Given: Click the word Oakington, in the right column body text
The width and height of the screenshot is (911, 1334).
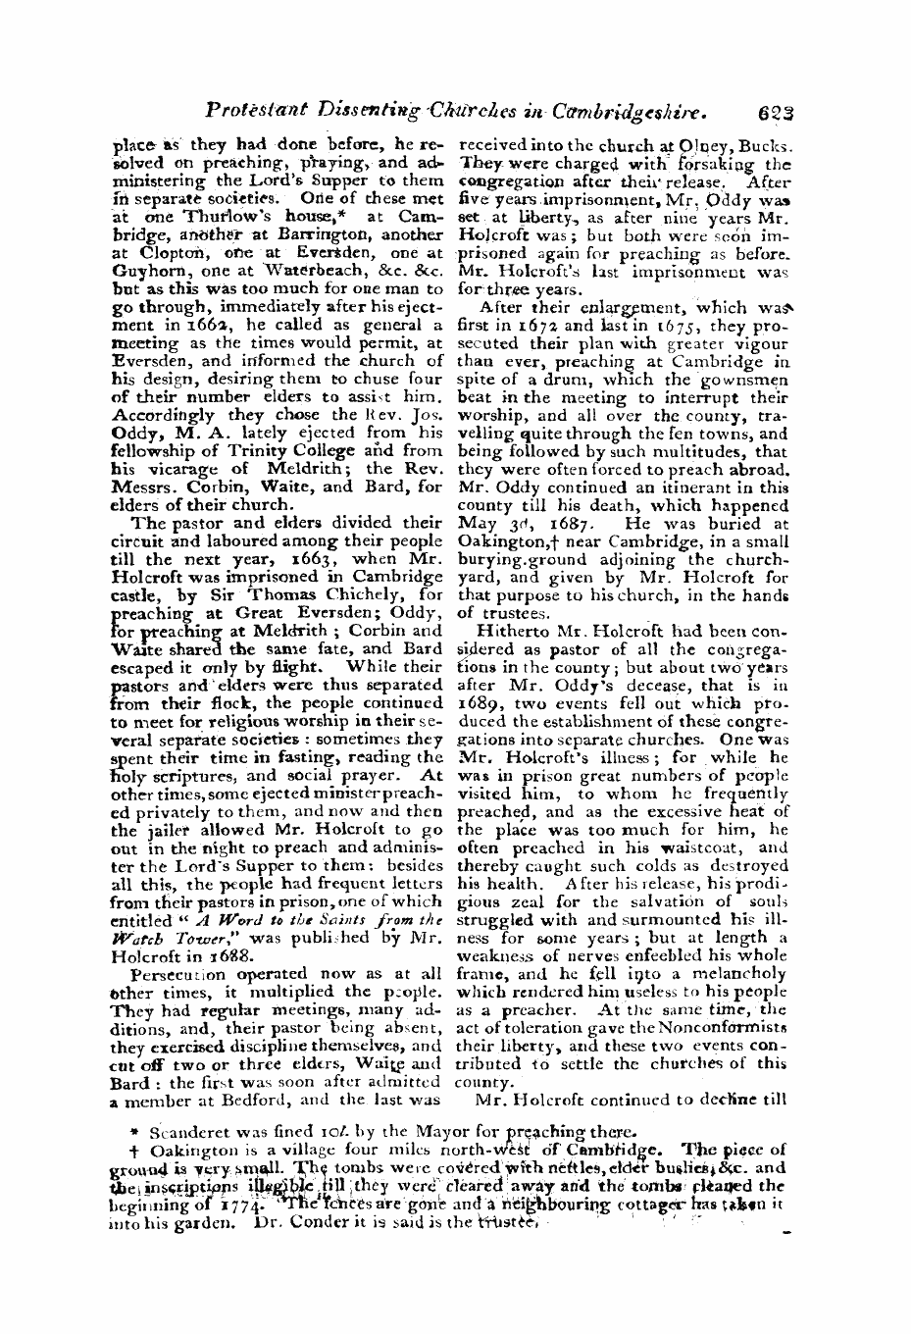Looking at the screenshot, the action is point(500,539).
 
